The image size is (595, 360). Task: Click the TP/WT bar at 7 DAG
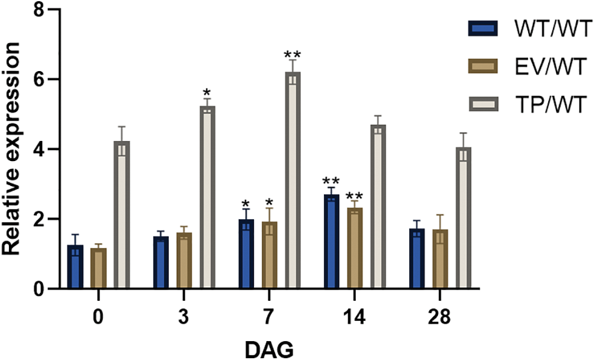point(292,181)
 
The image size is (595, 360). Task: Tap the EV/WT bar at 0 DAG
point(98,268)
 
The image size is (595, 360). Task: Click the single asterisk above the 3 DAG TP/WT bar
point(207,93)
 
